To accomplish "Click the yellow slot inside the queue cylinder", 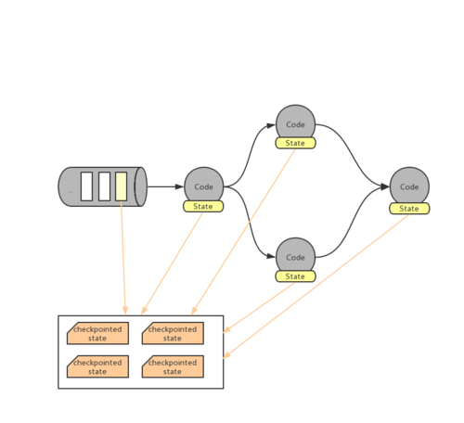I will point(121,186).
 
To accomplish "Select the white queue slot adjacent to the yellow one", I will point(104,186).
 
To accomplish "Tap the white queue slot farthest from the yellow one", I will point(86,186).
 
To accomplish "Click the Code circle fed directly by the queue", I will point(203,185).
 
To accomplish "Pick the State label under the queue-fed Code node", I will point(202,206).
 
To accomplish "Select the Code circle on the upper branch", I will point(295,122).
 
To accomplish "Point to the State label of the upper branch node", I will point(295,143).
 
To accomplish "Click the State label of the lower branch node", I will point(295,276).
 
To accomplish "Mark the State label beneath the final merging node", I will point(409,209).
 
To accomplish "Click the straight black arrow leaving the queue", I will point(165,186).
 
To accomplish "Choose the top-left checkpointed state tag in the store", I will point(97,334).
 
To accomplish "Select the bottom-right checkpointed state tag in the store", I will point(173,366).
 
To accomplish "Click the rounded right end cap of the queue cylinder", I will point(141,186).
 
